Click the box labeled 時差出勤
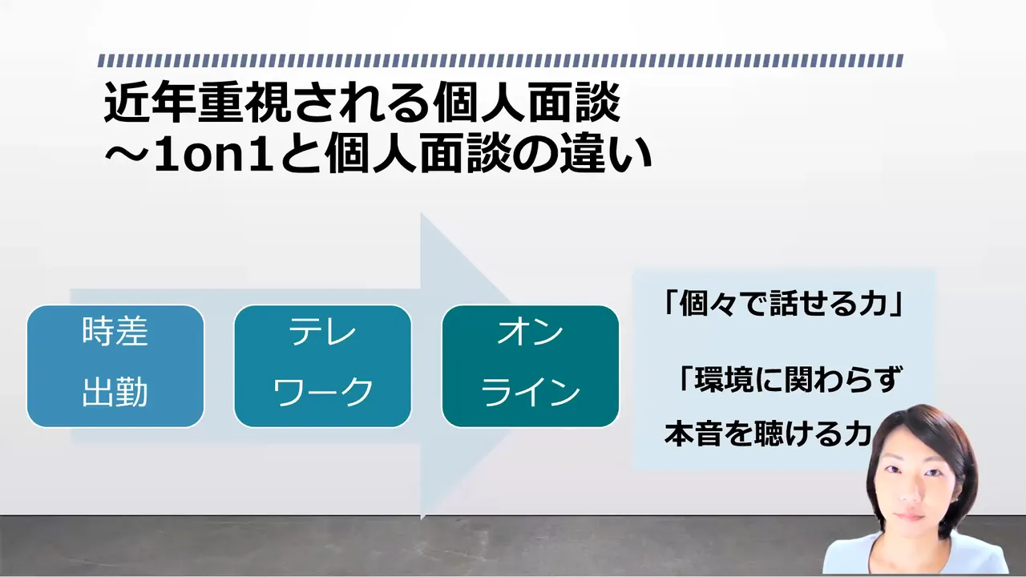pos(115,366)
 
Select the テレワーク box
pos(322,366)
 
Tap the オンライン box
pos(531,366)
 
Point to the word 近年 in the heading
pos(150,103)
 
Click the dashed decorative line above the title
pos(500,61)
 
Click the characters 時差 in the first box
pos(115,332)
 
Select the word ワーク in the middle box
pos(323,392)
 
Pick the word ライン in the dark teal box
pos(531,392)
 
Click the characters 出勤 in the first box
pos(115,392)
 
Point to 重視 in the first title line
pos(243,103)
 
